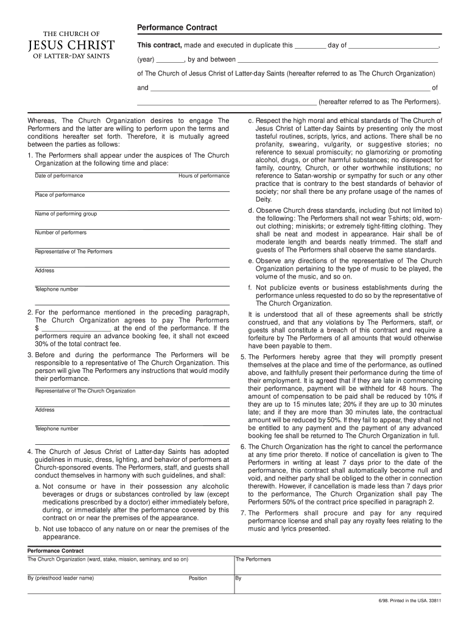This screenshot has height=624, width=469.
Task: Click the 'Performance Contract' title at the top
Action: point(177,29)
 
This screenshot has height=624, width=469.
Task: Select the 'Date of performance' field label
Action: point(59,176)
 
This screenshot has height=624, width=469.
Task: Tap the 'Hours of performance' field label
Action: point(203,176)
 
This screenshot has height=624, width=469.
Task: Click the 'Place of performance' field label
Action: point(60,195)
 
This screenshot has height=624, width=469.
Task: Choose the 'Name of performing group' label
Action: point(66,214)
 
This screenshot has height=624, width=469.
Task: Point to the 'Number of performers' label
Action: point(61,233)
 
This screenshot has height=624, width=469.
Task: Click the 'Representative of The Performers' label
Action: point(74,252)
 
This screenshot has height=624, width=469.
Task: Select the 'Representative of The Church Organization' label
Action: point(85,391)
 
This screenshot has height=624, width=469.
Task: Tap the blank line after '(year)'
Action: point(171,60)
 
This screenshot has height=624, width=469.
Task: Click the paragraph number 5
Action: point(242,357)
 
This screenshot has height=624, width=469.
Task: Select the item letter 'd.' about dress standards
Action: point(251,210)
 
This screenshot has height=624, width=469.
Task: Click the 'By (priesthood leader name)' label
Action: point(61,578)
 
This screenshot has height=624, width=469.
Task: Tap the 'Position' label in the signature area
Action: point(197,578)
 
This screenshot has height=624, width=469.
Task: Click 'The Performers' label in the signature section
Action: point(253,559)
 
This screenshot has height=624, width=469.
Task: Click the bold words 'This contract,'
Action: point(159,45)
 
